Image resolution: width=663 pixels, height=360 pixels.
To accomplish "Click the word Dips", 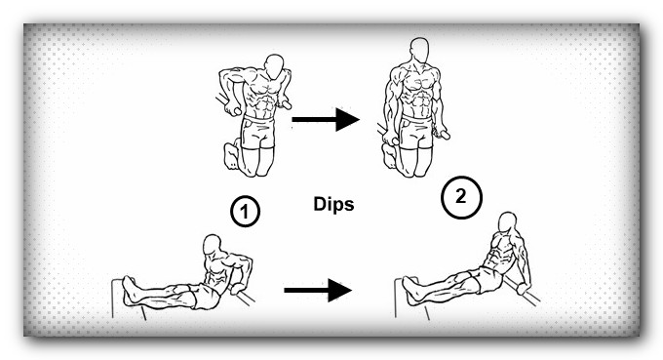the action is [x=333, y=204].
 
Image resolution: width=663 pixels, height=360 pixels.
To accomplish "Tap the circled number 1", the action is [x=245, y=211].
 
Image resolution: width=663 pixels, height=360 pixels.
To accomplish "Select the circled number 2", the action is [x=461, y=197].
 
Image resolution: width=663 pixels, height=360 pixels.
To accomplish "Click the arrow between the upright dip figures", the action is [x=326, y=119].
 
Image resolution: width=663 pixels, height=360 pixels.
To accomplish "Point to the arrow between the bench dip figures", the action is [x=318, y=290].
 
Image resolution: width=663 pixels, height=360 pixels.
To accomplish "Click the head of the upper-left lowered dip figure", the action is [x=274, y=66].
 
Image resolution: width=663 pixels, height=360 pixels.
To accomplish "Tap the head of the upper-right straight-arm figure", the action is [x=419, y=50].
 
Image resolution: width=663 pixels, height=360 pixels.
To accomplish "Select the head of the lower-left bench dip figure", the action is [x=212, y=245].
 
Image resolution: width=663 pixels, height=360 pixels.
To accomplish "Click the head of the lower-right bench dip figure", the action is [x=507, y=222].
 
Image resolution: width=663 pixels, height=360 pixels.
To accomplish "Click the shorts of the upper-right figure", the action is [x=416, y=133].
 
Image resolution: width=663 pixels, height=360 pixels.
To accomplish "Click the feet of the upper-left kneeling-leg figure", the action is [x=231, y=155].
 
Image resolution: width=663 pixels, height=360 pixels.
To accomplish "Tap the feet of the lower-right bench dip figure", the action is [x=409, y=290].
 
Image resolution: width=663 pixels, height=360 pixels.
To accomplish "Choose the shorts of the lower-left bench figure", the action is [x=204, y=297].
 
